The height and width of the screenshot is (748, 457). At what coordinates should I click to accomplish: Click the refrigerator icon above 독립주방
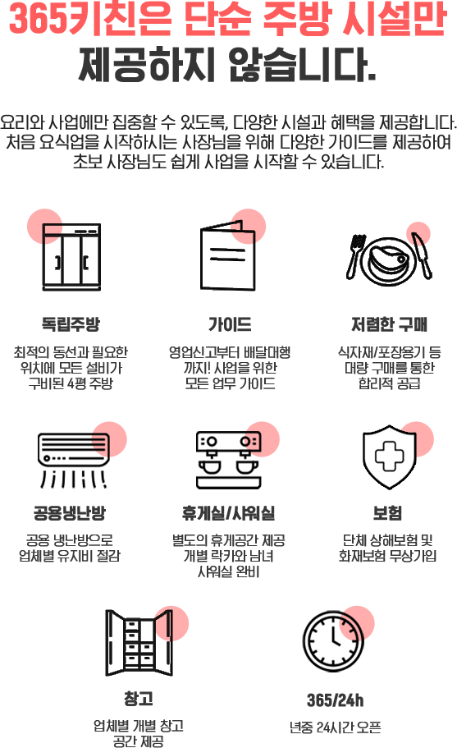coord(71,257)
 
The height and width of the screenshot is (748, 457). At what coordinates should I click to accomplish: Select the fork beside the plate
coord(355,256)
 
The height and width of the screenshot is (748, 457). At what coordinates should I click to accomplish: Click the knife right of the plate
coord(423,255)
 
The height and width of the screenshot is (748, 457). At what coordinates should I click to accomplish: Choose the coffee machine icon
coord(229,461)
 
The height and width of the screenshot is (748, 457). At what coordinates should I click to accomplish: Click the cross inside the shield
coord(390,456)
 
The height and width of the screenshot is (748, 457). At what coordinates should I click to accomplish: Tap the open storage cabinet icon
coord(139,643)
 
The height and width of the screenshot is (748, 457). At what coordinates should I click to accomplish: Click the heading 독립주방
coord(71,324)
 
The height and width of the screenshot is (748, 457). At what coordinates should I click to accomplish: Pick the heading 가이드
coord(230,324)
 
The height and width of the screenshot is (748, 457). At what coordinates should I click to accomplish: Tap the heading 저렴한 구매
coord(389,324)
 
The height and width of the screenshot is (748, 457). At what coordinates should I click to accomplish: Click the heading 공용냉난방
coord(70,513)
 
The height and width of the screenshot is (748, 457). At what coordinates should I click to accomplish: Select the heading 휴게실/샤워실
coord(228,513)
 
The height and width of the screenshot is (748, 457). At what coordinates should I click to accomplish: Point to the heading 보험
coord(387,513)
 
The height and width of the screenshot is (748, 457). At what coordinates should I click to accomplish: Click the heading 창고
coord(139,699)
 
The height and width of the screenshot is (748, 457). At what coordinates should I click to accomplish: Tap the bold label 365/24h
coord(335,700)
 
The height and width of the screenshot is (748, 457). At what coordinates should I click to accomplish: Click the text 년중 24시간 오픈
coord(335,727)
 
